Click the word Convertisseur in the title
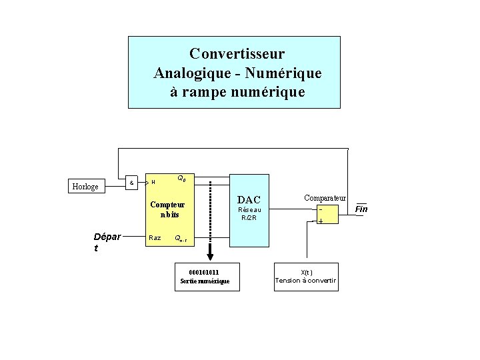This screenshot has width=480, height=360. (x=237, y=53)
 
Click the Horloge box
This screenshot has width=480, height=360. (x=86, y=186)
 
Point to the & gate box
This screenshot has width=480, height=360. (x=131, y=182)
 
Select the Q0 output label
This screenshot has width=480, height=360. (x=181, y=178)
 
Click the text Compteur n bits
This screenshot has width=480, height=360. (x=167, y=209)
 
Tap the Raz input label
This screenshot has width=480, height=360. (x=154, y=237)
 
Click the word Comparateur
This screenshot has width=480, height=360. (x=325, y=198)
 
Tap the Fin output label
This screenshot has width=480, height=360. (x=361, y=209)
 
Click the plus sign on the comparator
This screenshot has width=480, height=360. (x=321, y=221)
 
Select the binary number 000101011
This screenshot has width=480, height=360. (x=204, y=272)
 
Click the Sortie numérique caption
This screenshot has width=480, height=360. (x=205, y=281)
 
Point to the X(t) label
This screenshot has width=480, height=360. (x=306, y=271)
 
